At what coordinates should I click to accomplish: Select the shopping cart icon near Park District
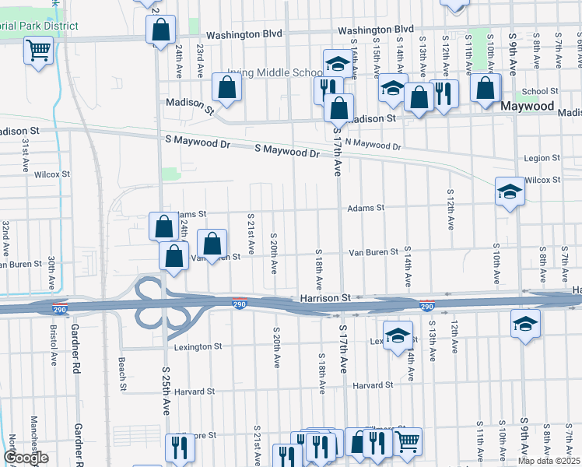tap(38, 52)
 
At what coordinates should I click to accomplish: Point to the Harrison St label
tap(326, 297)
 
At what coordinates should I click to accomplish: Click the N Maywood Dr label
tap(373, 144)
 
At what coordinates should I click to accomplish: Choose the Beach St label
tap(122, 374)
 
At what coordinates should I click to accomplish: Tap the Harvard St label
tap(372, 385)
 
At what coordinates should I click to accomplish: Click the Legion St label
tap(542, 158)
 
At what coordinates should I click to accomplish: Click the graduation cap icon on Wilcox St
tap(510, 191)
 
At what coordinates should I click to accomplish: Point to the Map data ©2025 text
tap(549, 461)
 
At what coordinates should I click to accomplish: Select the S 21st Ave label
tap(251, 234)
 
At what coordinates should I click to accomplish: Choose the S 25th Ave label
tap(167, 391)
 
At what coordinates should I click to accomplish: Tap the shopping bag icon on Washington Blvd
tap(160, 31)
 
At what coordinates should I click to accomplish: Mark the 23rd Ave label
tap(201, 59)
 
